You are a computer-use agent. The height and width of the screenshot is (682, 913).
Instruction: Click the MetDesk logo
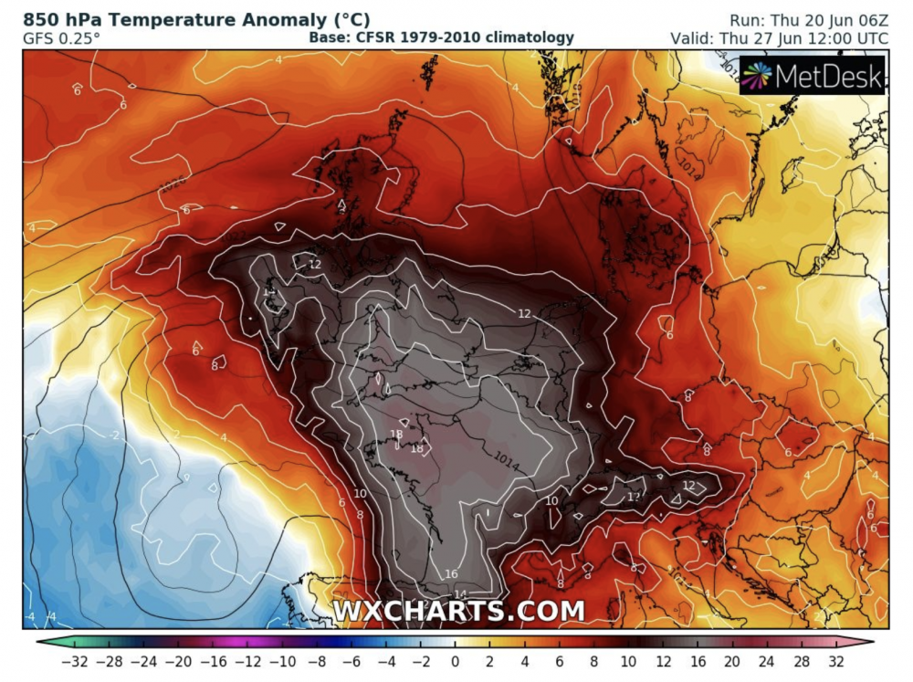[812, 77]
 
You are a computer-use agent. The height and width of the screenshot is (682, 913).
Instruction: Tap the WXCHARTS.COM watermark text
[457, 610]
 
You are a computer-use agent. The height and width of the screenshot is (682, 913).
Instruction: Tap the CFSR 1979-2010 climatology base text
[441, 37]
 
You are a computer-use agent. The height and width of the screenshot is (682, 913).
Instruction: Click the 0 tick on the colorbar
[456, 660]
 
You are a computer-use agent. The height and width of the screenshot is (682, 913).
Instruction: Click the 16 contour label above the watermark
[451, 573]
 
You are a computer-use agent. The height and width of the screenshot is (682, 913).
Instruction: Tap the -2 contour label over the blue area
[114, 435]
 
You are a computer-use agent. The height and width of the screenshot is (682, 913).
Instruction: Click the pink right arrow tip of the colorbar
[868, 641]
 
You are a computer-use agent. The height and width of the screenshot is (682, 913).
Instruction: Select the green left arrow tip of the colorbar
[42, 641]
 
